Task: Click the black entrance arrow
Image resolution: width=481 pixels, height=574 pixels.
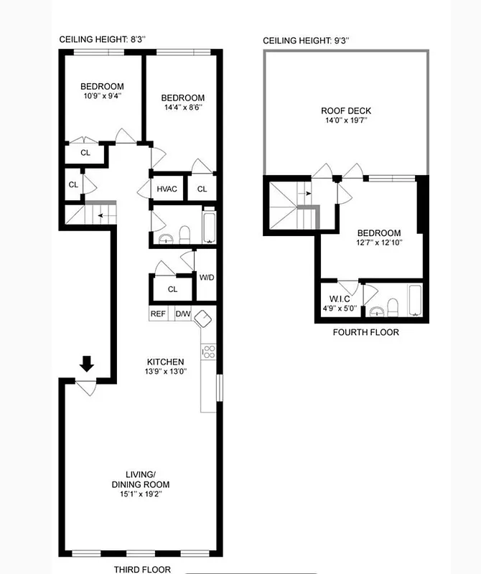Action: pos(86,364)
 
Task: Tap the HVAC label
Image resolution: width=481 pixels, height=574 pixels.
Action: pos(167,189)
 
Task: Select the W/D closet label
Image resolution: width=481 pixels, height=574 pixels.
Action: pos(207,278)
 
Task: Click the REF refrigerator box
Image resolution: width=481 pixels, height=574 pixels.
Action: pos(158,314)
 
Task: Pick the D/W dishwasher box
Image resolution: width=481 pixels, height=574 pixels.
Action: pos(182,314)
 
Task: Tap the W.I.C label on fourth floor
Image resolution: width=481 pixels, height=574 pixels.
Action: pos(340,299)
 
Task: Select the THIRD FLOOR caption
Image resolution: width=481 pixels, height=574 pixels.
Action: pos(142,569)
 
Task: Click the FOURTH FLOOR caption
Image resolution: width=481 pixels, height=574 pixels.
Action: pos(365,332)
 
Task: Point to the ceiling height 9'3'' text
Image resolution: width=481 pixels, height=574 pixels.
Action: pos(307,41)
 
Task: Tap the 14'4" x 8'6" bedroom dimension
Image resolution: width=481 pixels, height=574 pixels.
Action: pos(182,108)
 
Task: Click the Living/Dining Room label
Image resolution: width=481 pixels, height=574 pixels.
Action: pos(140,479)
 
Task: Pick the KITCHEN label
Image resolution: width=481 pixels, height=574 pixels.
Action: pos(165,362)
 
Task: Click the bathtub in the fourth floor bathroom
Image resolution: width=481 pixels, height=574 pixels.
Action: pos(416,301)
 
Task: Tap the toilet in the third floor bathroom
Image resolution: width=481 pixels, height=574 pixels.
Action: pos(184,234)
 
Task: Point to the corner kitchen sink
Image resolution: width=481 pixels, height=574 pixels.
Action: pos(203,317)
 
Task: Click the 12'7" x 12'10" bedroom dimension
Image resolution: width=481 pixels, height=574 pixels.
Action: pos(379,243)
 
